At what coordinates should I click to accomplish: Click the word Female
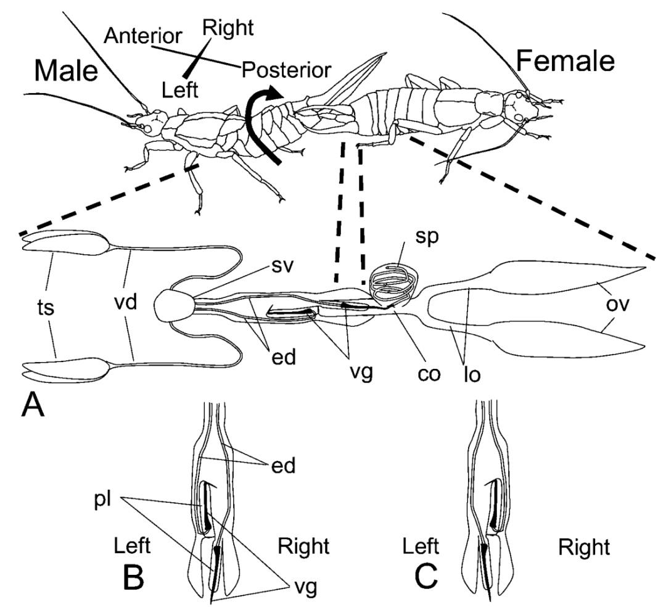point(566,60)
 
